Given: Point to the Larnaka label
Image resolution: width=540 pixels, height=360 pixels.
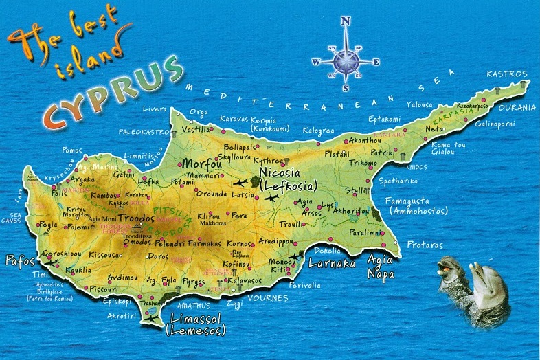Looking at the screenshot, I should (x=332, y=263).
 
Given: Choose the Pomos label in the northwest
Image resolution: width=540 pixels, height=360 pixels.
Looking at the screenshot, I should (x=71, y=149).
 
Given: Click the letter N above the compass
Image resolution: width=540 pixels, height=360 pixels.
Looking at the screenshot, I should (x=346, y=21).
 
